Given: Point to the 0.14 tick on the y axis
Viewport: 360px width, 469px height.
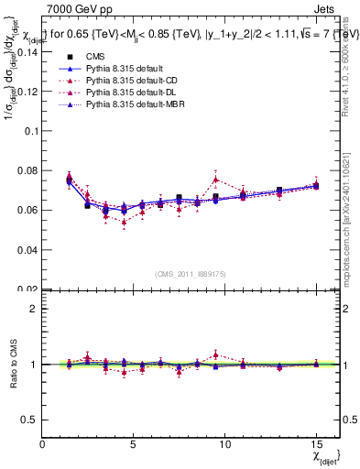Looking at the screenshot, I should pos(27,51).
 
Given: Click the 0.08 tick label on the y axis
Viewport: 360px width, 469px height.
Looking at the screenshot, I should pos(27,170).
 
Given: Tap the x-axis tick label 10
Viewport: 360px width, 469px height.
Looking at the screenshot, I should pos(224,445).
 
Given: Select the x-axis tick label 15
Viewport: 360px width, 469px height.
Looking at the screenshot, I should pos(315,445).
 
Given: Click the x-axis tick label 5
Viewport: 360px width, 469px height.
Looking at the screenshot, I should pos(134,445).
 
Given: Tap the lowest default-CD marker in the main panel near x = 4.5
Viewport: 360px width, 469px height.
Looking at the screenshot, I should pos(124,222).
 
